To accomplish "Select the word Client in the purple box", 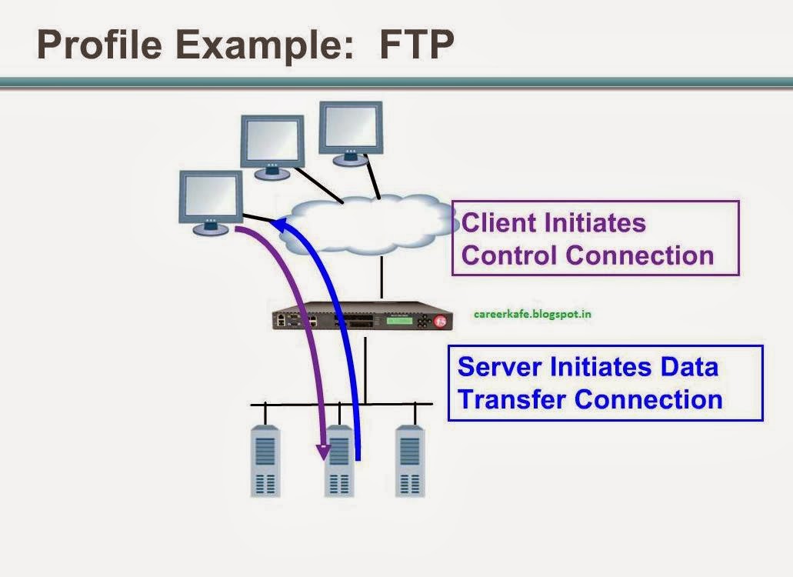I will click(498, 222).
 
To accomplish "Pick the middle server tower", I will click(339, 462).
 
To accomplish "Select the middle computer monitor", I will click(272, 143).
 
